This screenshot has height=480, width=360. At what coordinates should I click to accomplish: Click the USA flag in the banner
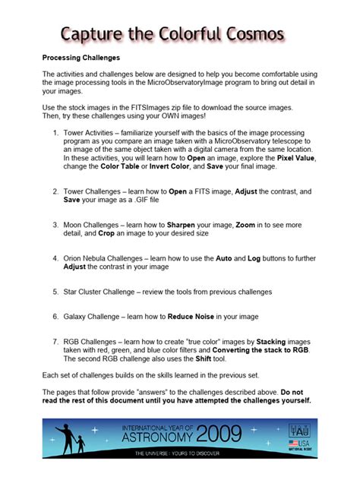coord(292,441)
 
